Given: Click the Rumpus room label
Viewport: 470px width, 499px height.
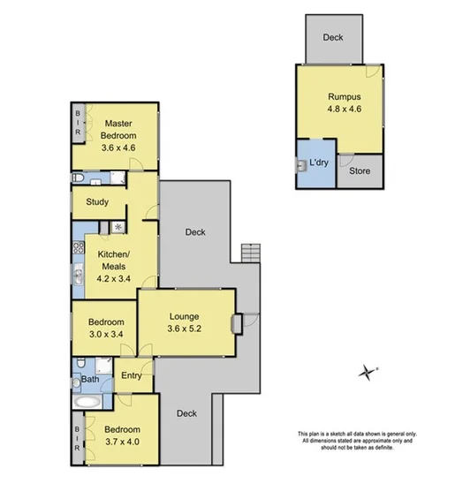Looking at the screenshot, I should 343,96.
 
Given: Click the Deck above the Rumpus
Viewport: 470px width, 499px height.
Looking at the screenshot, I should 332,38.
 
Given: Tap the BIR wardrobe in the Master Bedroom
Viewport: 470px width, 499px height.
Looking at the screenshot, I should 78,122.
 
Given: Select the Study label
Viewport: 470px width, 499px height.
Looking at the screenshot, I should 97,202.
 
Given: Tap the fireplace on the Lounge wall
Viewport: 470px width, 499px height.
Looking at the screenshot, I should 236,323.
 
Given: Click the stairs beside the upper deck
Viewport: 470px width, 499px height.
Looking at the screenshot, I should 252,253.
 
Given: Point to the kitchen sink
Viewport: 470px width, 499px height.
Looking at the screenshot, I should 78,276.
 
